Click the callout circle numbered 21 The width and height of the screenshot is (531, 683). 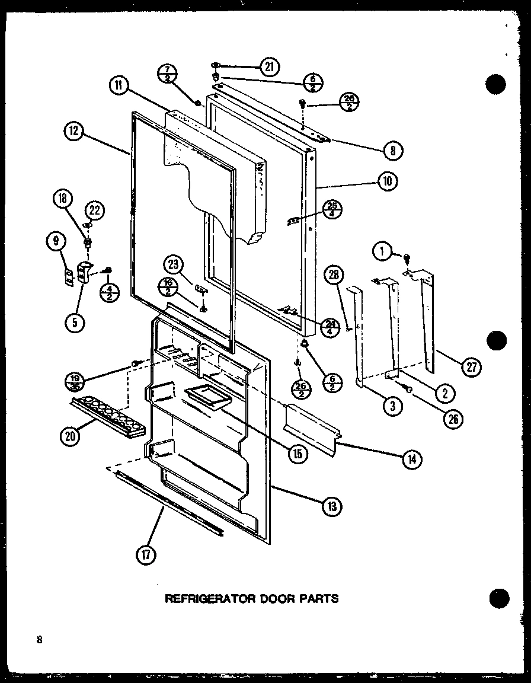point(270,67)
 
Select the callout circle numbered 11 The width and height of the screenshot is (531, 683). point(118,85)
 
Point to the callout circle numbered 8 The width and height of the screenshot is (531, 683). point(392,151)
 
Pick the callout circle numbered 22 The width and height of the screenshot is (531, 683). point(95,210)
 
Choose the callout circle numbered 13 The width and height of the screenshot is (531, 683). point(332,506)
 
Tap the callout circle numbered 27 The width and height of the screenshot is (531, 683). point(472,367)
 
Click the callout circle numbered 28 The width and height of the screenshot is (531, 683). point(334,275)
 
